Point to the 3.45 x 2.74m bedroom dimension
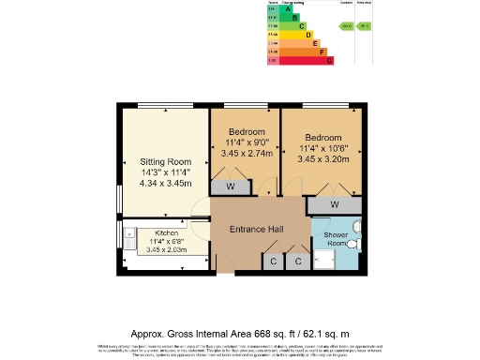tap(248, 152)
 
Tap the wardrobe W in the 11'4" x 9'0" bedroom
tap(230, 186)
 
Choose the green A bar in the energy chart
tap(288, 8)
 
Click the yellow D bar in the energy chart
tap(308, 35)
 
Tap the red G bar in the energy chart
tap(330, 60)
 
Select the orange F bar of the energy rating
tap(322, 52)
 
